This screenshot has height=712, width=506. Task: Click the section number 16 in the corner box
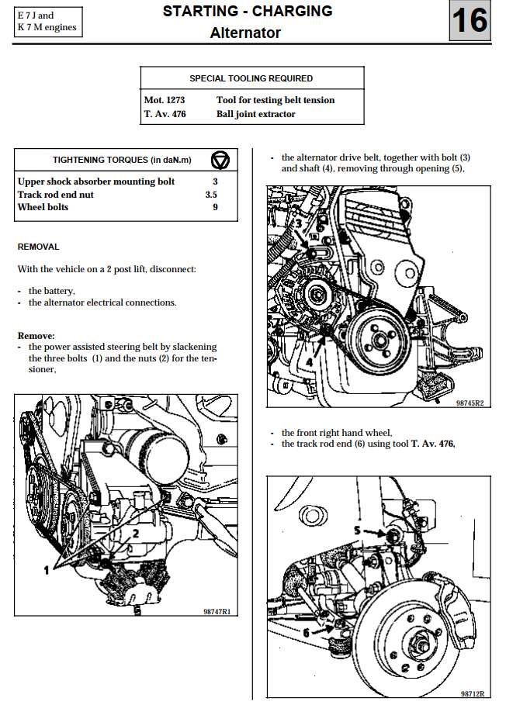coord(470,21)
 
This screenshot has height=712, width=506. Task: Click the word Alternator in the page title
coord(245,33)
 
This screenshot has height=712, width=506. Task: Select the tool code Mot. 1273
coord(164,100)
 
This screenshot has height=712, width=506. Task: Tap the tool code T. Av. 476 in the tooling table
coord(165,114)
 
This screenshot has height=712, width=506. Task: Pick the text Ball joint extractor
coord(255,114)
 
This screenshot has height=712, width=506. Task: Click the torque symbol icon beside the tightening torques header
coord(220,160)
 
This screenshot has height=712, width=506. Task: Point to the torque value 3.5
coord(211,195)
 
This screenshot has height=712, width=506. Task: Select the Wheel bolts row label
coord(43,207)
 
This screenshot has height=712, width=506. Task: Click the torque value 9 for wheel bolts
coord(215,207)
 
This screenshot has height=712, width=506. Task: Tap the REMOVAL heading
coord(38,247)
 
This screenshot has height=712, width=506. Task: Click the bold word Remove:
coord(36,335)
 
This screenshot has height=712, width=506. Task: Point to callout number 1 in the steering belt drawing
coord(46,569)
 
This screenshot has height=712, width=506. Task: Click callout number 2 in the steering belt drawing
coord(135,534)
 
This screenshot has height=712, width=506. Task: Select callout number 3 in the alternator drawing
coord(298,223)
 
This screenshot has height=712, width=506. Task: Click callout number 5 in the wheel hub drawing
coord(358,530)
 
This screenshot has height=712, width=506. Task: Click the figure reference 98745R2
coord(470,403)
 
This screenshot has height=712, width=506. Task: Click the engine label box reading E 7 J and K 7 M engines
coord(47,22)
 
